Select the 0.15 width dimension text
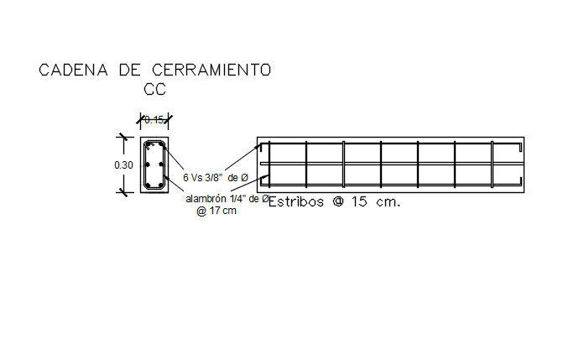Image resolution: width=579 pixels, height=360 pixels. coord(154,120)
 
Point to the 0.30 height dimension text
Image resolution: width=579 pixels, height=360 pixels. coord(123,165)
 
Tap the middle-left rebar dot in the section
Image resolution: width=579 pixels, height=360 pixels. coord(148,165)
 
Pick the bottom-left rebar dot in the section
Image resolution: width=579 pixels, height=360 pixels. coord(148,185)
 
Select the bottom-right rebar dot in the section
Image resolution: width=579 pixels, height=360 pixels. coord(162,185)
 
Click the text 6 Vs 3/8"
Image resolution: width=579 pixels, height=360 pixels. coord(202,177)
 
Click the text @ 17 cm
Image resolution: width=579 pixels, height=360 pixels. coord(216,211)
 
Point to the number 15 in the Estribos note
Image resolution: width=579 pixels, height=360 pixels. coord(359,202)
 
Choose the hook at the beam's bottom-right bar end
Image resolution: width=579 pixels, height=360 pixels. coord(519,182)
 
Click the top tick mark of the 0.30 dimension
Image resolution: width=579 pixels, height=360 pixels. coord(123,136)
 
